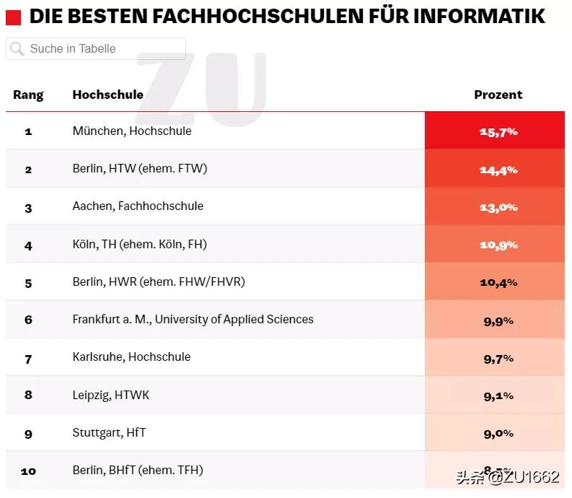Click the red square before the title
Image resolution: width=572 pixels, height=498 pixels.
[14, 17]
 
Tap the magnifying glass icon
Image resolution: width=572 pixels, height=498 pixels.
[17, 49]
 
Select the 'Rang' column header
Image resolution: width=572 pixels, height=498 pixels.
[28, 95]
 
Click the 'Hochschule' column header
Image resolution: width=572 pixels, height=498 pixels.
[107, 95]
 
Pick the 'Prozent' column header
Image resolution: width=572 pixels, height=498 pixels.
[498, 95]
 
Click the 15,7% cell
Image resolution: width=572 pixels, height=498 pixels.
[498, 132]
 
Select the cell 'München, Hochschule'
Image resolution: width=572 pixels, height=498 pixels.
[132, 131]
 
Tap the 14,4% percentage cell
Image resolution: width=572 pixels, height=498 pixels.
[498, 170]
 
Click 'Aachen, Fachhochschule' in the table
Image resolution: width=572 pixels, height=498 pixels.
[138, 206]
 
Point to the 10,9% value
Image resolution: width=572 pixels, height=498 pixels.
[498, 245]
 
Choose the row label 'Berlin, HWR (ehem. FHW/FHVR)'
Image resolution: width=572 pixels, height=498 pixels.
[159, 281]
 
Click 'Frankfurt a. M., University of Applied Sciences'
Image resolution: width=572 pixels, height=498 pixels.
[193, 319]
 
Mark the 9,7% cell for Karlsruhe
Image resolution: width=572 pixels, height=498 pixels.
[498, 357]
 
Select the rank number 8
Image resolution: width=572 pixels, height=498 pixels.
[28, 395]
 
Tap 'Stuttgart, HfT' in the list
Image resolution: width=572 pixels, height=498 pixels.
[109, 432]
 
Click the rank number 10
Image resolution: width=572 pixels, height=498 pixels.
[28, 471]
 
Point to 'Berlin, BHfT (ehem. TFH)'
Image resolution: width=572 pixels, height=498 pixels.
[138, 470]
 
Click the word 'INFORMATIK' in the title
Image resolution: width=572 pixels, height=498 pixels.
[478, 16]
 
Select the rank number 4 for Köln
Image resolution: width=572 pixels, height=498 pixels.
[28, 245]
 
